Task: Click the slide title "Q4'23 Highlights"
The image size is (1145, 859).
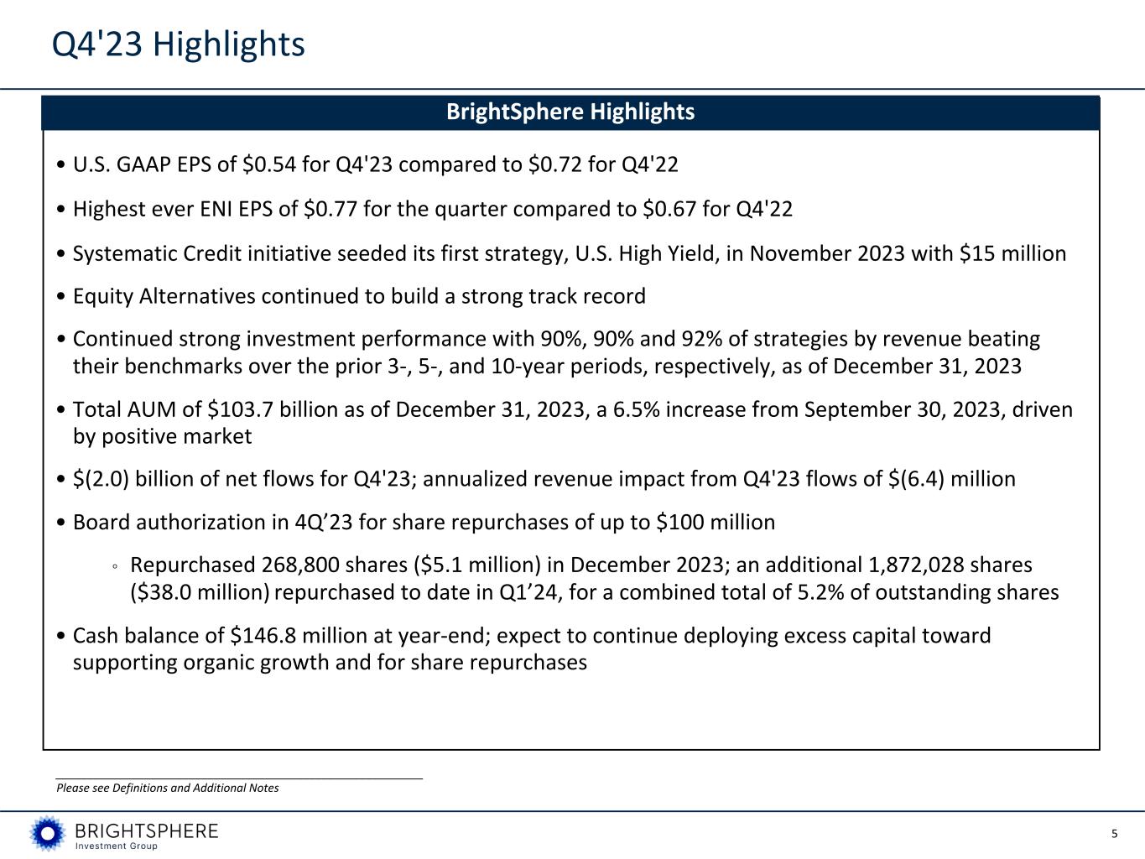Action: (x=178, y=44)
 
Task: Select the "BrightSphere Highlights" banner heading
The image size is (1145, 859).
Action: (x=570, y=112)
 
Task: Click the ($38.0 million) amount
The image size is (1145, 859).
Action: (x=200, y=592)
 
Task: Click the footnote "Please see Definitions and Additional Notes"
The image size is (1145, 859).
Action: (x=167, y=788)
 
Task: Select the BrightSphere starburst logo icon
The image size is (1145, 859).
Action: (x=47, y=833)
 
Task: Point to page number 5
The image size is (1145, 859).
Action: (x=1114, y=834)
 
